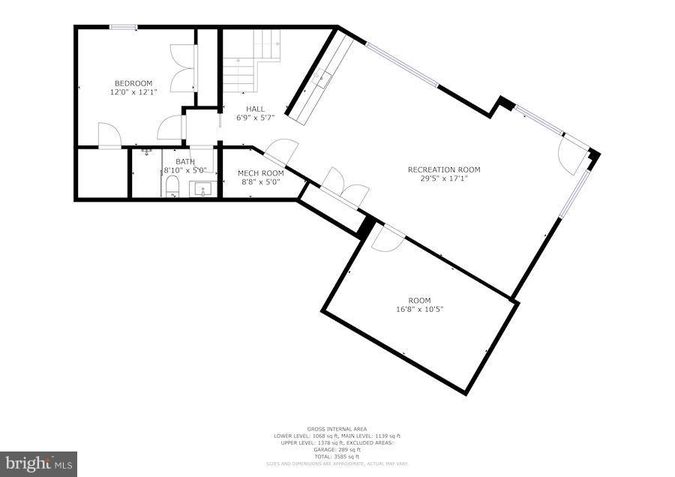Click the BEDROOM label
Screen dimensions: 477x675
tap(133, 82)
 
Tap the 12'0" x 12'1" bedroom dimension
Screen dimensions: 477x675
tap(133, 91)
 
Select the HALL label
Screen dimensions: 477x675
tap(255, 109)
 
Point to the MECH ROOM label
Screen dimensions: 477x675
tap(260, 172)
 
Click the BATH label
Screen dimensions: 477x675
tap(184, 161)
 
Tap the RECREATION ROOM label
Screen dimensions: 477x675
tap(444, 169)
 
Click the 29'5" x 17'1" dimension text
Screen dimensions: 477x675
tap(444, 178)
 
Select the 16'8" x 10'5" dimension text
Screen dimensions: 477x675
tap(420, 309)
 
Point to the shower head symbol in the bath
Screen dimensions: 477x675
tap(146, 151)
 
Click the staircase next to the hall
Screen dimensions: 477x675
tap(251, 60)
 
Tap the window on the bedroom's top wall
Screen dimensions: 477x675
tap(123, 28)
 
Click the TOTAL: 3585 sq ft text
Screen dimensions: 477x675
tap(337, 457)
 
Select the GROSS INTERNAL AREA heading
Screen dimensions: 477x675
tap(337, 429)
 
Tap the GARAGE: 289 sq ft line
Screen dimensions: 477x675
tap(337, 451)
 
